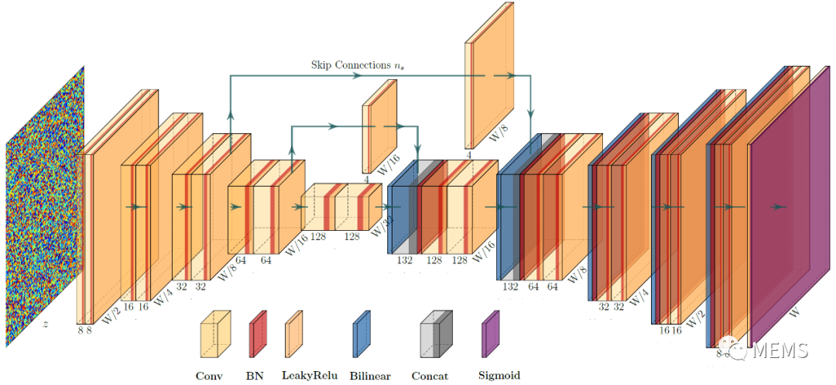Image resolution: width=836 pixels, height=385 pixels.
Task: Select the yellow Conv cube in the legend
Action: click(x=215, y=334)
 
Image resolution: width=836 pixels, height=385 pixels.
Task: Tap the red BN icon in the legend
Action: click(x=259, y=334)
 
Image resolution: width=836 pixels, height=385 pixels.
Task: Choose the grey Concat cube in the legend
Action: click(x=437, y=334)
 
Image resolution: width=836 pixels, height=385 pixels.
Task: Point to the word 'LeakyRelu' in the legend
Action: click(x=307, y=376)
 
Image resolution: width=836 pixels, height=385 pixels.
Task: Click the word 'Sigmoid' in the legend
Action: click(x=499, y=376)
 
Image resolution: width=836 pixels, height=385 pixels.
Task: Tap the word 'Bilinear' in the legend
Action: click(x=370, y=376)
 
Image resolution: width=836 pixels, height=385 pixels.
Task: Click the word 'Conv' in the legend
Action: click(x=209, y=376)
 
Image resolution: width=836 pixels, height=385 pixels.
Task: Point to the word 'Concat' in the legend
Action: click(x=437, y=376)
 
